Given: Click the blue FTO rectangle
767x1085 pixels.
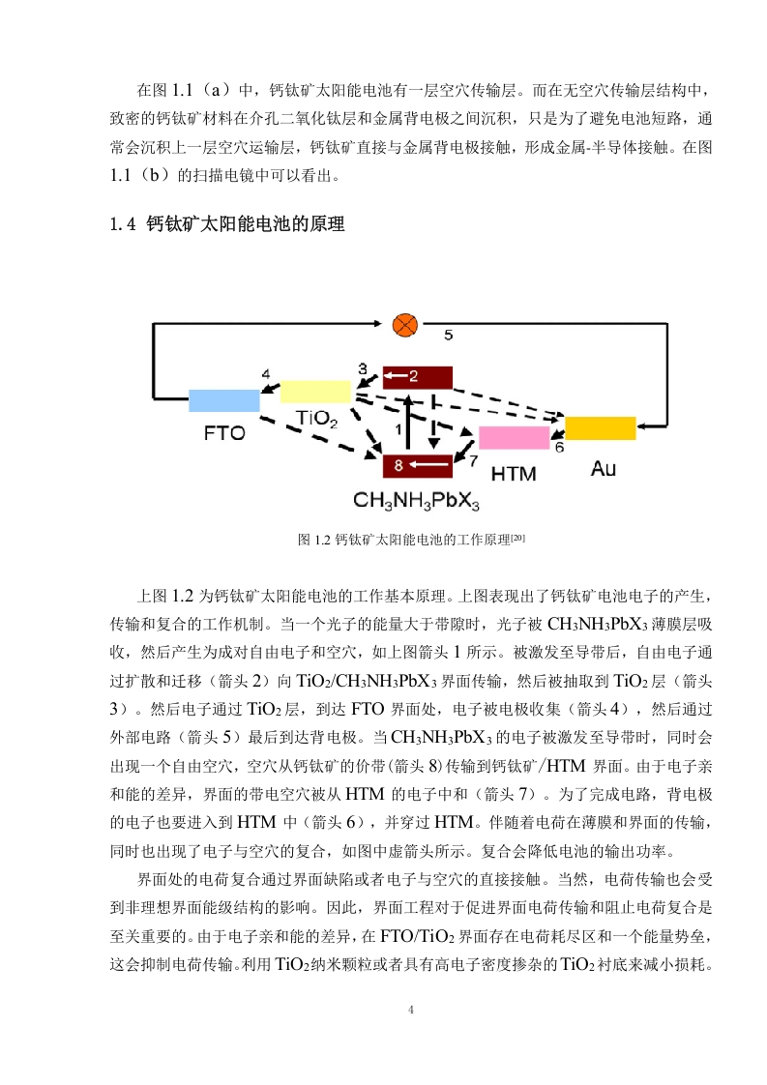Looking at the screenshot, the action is click(224, 400).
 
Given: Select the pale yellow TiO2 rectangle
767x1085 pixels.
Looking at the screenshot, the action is click(315, 391).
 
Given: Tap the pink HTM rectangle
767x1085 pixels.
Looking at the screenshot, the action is click(514, 438).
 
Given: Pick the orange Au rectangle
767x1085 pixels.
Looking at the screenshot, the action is click(601, 428).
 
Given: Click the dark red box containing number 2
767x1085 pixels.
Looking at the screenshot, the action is click(418, 378).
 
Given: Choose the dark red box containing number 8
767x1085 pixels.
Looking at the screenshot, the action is click(418, 466).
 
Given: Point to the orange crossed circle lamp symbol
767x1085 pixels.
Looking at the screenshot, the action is click(405, 325).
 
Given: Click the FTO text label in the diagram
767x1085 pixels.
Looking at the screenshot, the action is click(224, 433).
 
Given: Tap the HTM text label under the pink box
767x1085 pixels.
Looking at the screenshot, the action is click(514, 474).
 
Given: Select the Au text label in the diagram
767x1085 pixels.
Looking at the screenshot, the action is click(603, 469).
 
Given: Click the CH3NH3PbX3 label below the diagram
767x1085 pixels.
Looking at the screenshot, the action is click(416, 500).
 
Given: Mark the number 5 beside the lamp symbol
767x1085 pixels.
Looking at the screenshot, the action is click(449, 335).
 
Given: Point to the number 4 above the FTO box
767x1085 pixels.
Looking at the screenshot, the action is click(266, 373).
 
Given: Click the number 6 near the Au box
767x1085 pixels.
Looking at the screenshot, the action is click(559, 447).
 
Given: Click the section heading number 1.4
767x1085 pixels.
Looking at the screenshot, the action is click(123, 224).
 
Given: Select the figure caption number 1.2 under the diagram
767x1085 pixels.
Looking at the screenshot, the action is click(323, 540).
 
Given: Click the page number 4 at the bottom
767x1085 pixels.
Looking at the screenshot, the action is click(411, 1010).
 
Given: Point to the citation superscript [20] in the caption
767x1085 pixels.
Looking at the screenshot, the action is click(517, 537).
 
